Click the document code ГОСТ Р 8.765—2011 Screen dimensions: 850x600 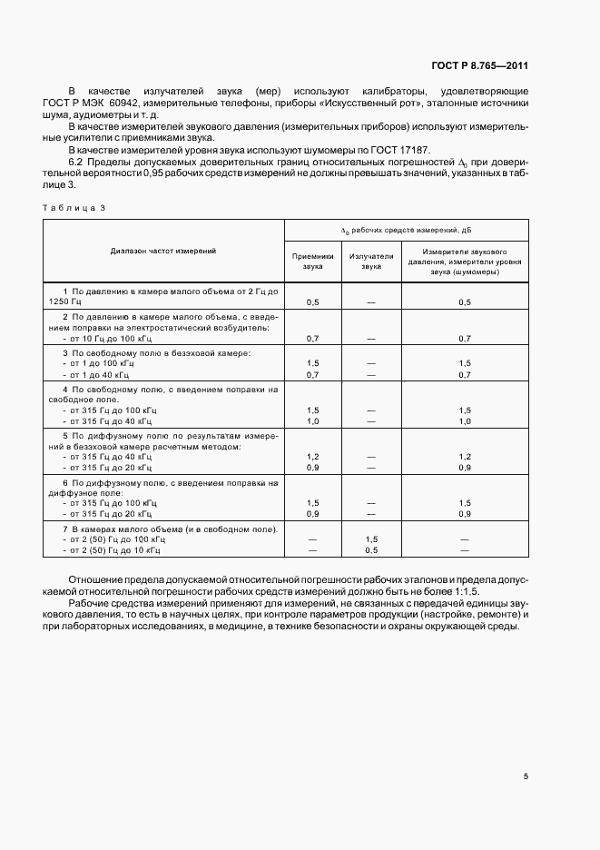(478, 66)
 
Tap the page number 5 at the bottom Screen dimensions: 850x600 (525, 776)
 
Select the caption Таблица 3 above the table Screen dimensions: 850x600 (74, 208)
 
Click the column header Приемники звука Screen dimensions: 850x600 (312, 262)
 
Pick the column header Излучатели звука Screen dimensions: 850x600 (371, 262)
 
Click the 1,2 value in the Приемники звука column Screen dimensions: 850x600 (312, 456)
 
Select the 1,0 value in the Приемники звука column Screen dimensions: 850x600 (312, 421)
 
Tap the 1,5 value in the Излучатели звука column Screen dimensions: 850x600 (371, 539)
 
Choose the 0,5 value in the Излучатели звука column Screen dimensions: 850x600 (371, 549)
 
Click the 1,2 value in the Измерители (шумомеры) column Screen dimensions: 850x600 (464, 456)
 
